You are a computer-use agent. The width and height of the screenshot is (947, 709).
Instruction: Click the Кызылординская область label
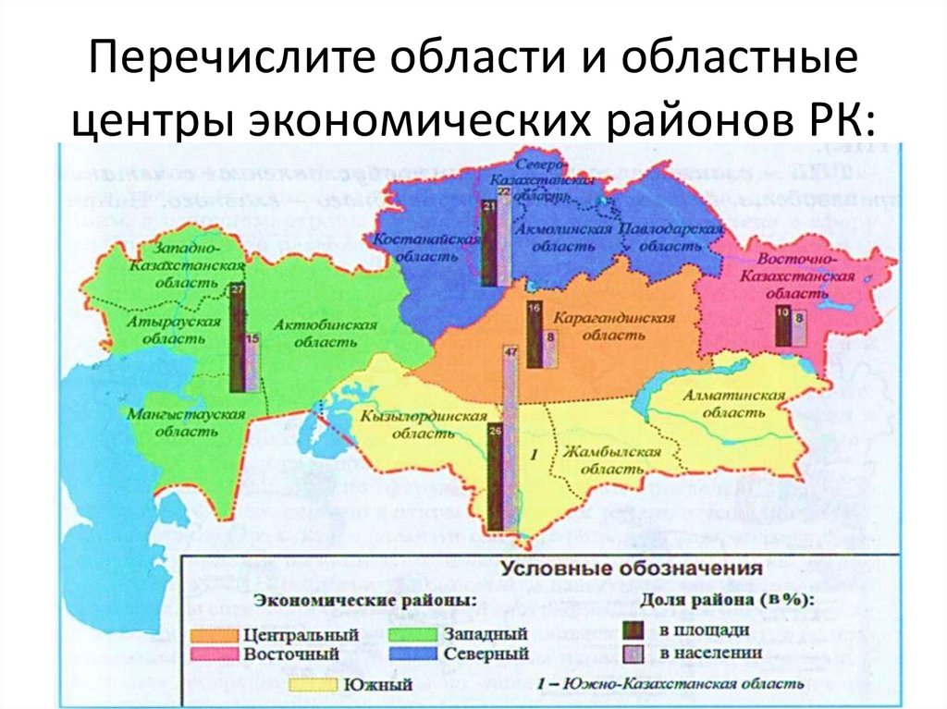pyautogui.click(x=424, y=424)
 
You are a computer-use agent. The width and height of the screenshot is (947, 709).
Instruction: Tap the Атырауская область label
pyautogui.click(x=175, y=330)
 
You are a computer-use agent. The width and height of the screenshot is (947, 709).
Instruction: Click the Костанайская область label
pyautogui.click(x=426, y=248)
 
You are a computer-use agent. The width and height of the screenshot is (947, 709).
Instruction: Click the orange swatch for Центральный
pyautogui.click(x=216, y=635)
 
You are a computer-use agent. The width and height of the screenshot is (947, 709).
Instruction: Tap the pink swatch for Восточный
pyautogui.click(x=216, y=654)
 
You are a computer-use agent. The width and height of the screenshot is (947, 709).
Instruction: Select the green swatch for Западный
pyautogui.click(x=412, y=635)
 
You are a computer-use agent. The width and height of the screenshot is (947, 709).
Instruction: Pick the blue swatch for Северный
pyautogui.click(x=412, y=654)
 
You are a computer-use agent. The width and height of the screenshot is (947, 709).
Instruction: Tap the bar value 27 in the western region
pyautogui.click(x=238, y=289)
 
